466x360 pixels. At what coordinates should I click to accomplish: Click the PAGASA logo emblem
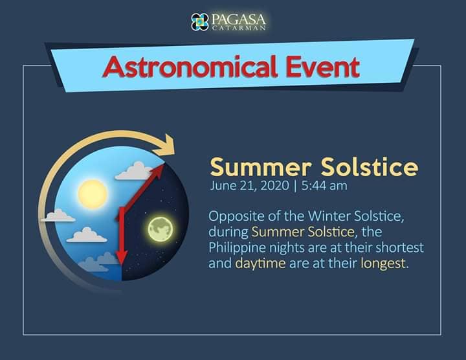click(200, 22)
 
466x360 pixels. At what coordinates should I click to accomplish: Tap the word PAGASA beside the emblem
click(238, 19)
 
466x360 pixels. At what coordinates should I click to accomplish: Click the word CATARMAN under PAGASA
click(239, 28)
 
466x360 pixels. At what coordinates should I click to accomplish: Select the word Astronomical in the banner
click(190, 67)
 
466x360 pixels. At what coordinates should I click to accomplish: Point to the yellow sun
click(93, 194)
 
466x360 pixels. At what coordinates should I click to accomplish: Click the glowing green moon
click(161, 229)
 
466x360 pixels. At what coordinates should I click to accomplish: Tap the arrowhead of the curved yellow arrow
click(166, 145)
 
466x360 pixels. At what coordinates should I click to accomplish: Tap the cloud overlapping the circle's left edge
click(58, 216)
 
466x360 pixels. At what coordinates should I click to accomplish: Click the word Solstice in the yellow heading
click(370, 167)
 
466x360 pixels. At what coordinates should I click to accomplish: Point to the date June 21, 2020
click(249, 186)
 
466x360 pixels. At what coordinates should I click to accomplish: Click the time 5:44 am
click(324, 186)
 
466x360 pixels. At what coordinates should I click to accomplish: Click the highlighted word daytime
click(260, 264)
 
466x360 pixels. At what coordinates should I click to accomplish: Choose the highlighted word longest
click(383, 264)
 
